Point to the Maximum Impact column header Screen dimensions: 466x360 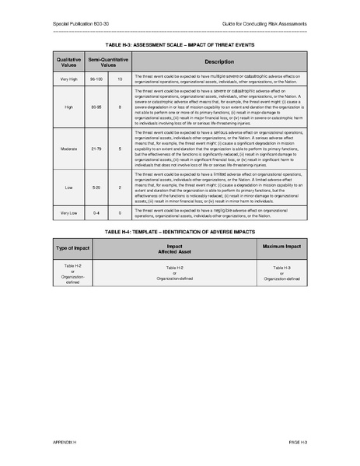(x=281, y=247)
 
